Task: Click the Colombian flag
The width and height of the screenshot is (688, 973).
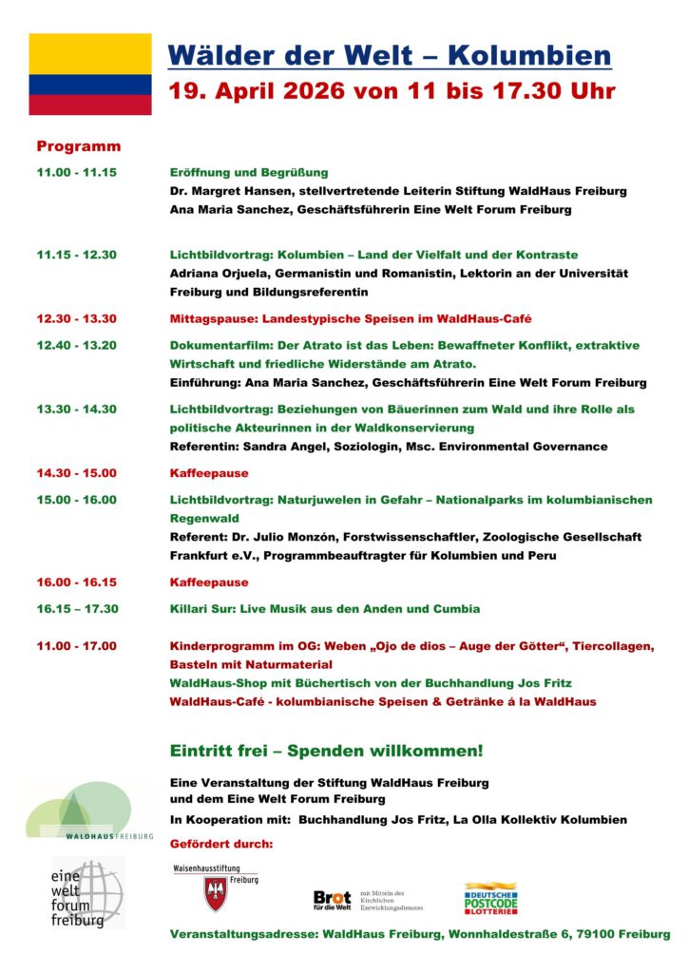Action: (x=89, y=74)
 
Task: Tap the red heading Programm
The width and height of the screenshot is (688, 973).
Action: (x=79, y=146)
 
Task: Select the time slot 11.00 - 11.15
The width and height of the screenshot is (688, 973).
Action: (x=77, y=173)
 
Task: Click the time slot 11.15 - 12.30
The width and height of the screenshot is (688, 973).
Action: (x=77, y=255)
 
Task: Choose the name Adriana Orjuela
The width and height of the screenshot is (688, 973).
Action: (x=220, y=274)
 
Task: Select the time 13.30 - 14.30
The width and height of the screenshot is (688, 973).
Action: (x=77, y=410)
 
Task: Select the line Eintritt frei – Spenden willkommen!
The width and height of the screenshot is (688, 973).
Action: (x=326, y=751)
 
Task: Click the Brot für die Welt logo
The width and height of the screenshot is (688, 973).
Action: (x=333, y=899)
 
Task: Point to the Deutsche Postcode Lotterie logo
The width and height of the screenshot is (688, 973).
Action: (x=491, y=899)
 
